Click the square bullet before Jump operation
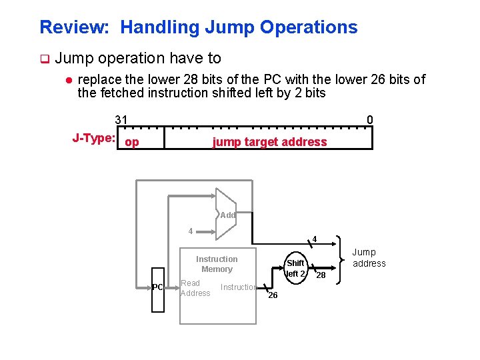(44, 59)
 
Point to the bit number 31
(121, 120)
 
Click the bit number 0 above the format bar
(370, 120)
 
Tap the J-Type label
(94, 139)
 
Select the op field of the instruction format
(132, 142)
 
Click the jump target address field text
(269, 142)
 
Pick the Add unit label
(228, 215)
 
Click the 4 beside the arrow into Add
(191, 231)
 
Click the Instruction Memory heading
(217, 264)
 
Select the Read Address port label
(195, 288)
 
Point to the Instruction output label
(239, 287)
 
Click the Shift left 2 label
(295, 268)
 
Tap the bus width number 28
(321, 275)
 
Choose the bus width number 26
(273, 295)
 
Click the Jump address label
(369, 257)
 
